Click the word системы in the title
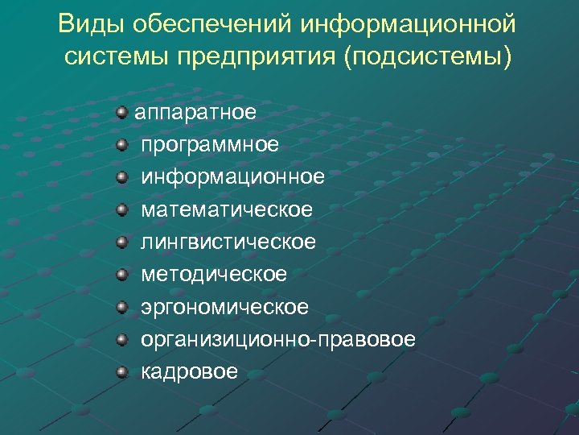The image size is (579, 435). click(x=110, y=58)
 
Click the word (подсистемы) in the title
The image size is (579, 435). click(x=426, y=58)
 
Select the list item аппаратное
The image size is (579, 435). click(x=195, y=112)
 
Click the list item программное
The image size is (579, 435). click(x=210, y=144)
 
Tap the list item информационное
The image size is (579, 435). click(x=233, y=176)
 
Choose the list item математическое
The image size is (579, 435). click(x=227, y=209)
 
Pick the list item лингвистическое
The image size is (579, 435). click(x=228, y=242)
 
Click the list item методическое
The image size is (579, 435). click(x=214, y=274)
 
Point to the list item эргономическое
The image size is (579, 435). click(x=224, y=307)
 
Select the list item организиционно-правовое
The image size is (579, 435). click(x=278, y=339)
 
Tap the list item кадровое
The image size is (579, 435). click(x=190, y=371)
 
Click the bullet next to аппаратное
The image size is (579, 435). click(x=121, y=111)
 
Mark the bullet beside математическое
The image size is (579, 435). click(x=121, y=209)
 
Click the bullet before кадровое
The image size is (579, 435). click(x=121, y=372)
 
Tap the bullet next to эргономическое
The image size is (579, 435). click(x=121, y=307)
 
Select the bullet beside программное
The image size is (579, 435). click(x=121, y=144)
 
